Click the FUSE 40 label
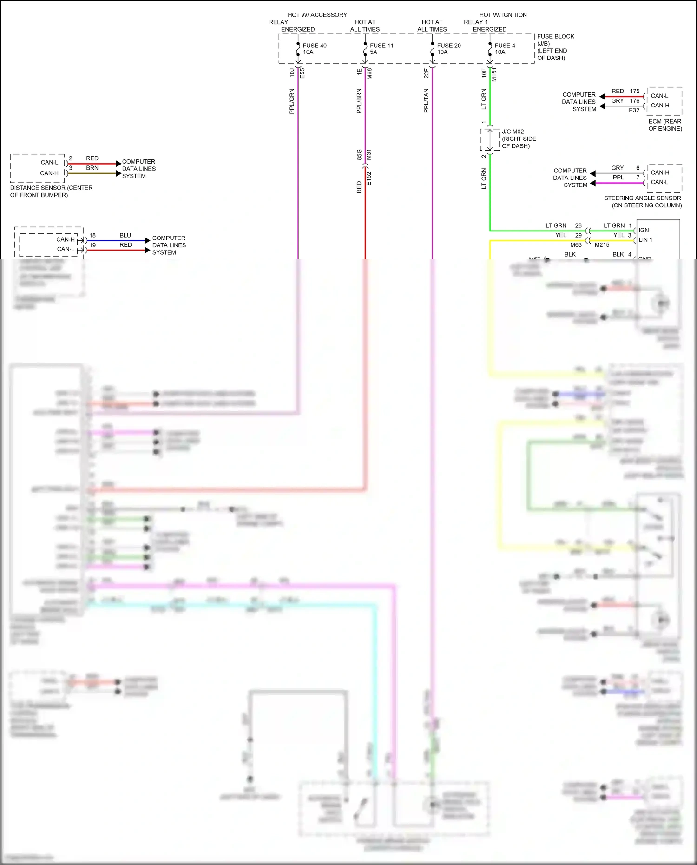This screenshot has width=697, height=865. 315,46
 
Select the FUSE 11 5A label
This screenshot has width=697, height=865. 381,49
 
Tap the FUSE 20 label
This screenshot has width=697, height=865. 449,46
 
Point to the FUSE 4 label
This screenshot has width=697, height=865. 505,46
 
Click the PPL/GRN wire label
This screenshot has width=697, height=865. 292,101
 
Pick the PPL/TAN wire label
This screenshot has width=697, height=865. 426,101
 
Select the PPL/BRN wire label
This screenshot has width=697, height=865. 359,101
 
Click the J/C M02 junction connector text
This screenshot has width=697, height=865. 513,132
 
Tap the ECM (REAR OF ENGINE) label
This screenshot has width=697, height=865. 665,125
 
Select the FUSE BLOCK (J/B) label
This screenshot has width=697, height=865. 555,40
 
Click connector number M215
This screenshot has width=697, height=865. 602,245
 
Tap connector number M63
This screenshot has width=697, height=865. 576,245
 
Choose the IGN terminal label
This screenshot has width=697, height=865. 644,230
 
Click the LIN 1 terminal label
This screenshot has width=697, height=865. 645,240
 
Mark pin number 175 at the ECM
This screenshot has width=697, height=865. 635,91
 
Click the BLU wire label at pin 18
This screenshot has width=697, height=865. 125,235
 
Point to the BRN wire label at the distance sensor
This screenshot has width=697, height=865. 92,168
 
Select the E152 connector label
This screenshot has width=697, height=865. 369,178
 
